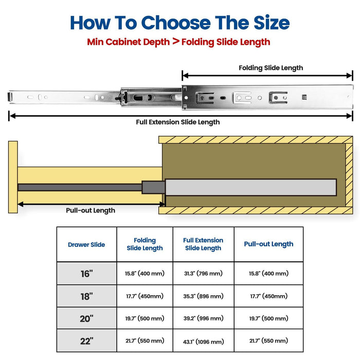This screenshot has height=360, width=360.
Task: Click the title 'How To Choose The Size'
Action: (179, 23)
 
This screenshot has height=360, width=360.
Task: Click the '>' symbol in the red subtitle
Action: (176, 42)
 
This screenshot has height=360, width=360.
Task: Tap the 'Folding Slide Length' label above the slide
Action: (271, 68)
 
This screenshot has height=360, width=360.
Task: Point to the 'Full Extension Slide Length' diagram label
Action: (177, 122)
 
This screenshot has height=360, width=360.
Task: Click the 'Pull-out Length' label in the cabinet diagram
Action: (91, 210)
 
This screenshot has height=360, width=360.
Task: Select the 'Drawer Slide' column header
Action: (86, 245)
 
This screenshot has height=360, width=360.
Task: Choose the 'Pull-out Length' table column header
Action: (268, 244)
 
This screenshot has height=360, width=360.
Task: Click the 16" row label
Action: (86, 274)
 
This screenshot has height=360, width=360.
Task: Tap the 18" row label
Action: (86, 296)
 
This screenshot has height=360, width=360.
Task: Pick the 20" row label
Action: (86, 318)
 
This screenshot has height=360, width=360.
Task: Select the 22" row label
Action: (86, 341)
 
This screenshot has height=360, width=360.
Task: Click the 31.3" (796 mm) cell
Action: (203, 274)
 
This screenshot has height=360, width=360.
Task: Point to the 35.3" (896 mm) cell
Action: (203, 296)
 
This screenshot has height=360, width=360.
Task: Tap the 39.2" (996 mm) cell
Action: (203, 318)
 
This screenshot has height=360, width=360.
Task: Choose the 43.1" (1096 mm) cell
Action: (203, 341)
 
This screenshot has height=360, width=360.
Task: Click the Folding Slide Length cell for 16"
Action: (145, 274)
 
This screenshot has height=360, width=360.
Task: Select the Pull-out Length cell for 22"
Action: (268, 341)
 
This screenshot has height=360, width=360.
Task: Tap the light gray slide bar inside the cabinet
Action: (250, 187)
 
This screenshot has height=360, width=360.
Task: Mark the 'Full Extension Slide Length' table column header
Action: (203, 244)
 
